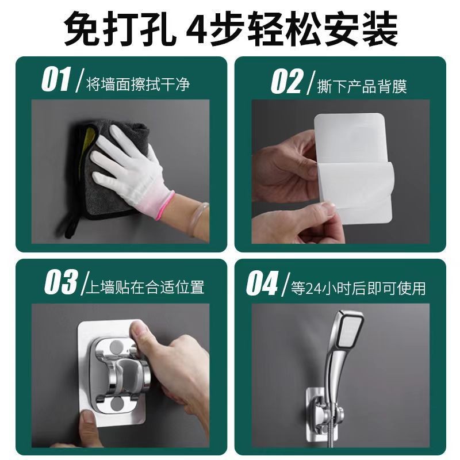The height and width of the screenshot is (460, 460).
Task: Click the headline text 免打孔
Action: pos(117,29)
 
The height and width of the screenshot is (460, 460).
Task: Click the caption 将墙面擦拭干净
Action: pos(138,85)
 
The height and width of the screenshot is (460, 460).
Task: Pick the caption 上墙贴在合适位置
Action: pos(144,286)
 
